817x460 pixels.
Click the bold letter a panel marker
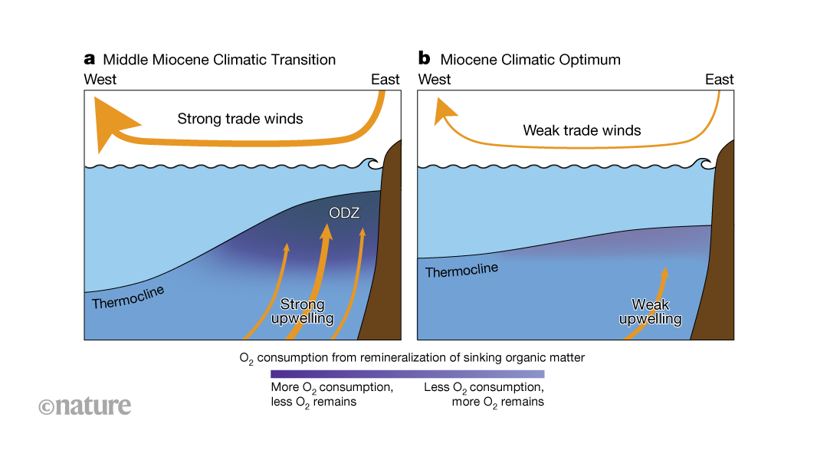click(90, 59)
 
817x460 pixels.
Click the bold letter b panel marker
click(424, 58)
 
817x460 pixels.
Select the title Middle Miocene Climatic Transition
click(219, 59)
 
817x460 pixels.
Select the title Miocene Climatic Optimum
click(530, 59)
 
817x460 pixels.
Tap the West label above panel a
click(100, 79)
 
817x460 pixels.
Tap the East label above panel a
click(386, 79)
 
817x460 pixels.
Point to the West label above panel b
click(435, 79)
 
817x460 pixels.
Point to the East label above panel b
click(719, 79)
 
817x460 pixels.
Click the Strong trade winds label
click(240, 119)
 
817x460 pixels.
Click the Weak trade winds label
click(582, 130)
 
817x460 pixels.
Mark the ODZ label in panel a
click(344, 212)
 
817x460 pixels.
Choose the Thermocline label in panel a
click(128, 297)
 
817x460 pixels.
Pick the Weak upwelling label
click(650, 311)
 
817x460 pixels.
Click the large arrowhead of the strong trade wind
click(111, 123)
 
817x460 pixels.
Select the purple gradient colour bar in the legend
click(407, 374)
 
